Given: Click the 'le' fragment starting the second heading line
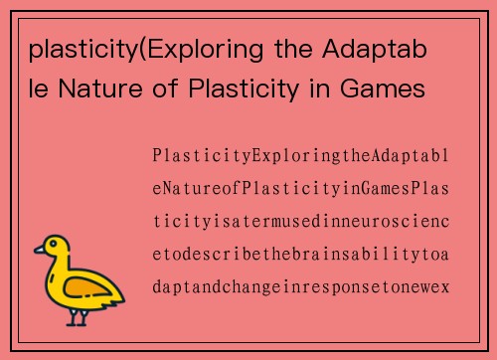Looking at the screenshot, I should pyautogui.click(x=38, y=90).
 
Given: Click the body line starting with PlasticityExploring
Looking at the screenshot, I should pyautogui.click(x=301, y=157).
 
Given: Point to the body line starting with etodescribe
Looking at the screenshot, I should pyautogui.click(x=301, y=256).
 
